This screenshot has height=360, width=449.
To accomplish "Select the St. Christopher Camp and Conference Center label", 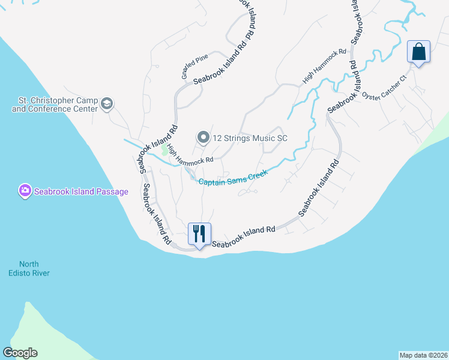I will (55, 104).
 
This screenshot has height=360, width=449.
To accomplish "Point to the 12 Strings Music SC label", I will (250, 138).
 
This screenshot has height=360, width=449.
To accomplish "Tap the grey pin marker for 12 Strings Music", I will (203, 138).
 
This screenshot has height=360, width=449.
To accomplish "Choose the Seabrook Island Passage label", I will (81, 191).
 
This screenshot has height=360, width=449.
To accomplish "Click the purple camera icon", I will (25, 191).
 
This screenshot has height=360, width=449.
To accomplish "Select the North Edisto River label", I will (34, 268).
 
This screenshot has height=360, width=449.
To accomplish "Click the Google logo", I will (20, 353).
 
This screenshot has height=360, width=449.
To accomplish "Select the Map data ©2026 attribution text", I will (424, 355).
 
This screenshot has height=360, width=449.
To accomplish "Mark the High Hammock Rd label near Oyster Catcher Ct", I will (325, 65).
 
